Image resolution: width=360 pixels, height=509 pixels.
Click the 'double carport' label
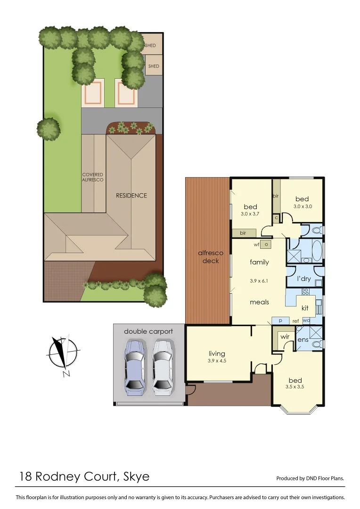pyautogui.click(x=148, y=331)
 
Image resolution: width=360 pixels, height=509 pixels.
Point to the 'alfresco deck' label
pyautogui.click(x=210, y=257)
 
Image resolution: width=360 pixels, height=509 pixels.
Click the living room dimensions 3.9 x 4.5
pyautogui.click(x=217, y=361)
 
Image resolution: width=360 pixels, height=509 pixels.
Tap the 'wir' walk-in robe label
pyautogui.click(x=285, y=337)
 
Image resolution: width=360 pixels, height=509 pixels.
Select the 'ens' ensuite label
pyautogui.click(x=303, y=339)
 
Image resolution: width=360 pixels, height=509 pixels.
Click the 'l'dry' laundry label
pyautogui.click(x=303, y=279)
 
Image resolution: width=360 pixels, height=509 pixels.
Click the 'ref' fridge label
pyautogui.click(x=296, y=321)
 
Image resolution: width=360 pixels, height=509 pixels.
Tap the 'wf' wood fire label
pyautogui.click(x=256, y=244)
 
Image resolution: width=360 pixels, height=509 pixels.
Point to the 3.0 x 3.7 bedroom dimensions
pyautogui.click(x=250, y=214)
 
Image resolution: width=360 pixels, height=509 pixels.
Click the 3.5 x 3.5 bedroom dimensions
pyautogui.click(x=295, y=387)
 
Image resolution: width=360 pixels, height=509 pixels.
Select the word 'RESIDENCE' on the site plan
pyautogui.click(x=131, y=195)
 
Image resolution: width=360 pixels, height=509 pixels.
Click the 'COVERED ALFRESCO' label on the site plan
pyautogui.click(x=93, y=177)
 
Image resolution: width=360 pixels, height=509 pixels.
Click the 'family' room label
pyautogui.click(x=259, y=262)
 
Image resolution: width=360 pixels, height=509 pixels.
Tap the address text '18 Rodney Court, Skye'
pyautogui.click(x=84, y=476)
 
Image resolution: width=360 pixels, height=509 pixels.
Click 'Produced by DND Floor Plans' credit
pyautogui.click(x=310, y=478)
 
